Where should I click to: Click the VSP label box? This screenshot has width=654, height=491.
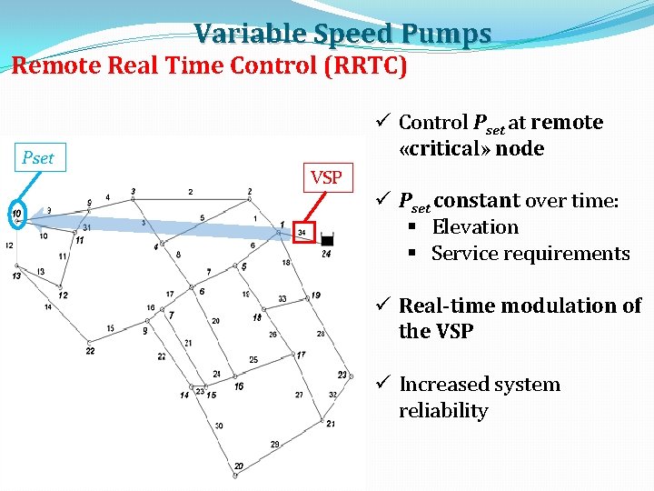[x=325, y=177]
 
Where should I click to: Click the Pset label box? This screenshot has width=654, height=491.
[x=38, y=157]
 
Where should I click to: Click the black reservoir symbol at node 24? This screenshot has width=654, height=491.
[x=327, y=241]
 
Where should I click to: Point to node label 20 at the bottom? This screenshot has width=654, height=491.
[x=238, y=466]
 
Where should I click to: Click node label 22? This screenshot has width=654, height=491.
[x=90, y=350]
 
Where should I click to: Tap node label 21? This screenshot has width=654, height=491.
[x=331, y=424]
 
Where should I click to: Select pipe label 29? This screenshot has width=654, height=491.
[x=275, y=444]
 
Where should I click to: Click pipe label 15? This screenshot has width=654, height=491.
[x=110, y=328]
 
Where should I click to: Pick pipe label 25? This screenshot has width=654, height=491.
[x=253, y=360]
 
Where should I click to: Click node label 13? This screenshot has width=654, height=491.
[x=16, y=276]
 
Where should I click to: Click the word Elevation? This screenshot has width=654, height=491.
[x=475, y=227]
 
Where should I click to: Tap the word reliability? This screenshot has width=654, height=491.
[x=443, y=411]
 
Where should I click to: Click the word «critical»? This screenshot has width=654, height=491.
[x=439, y=148]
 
